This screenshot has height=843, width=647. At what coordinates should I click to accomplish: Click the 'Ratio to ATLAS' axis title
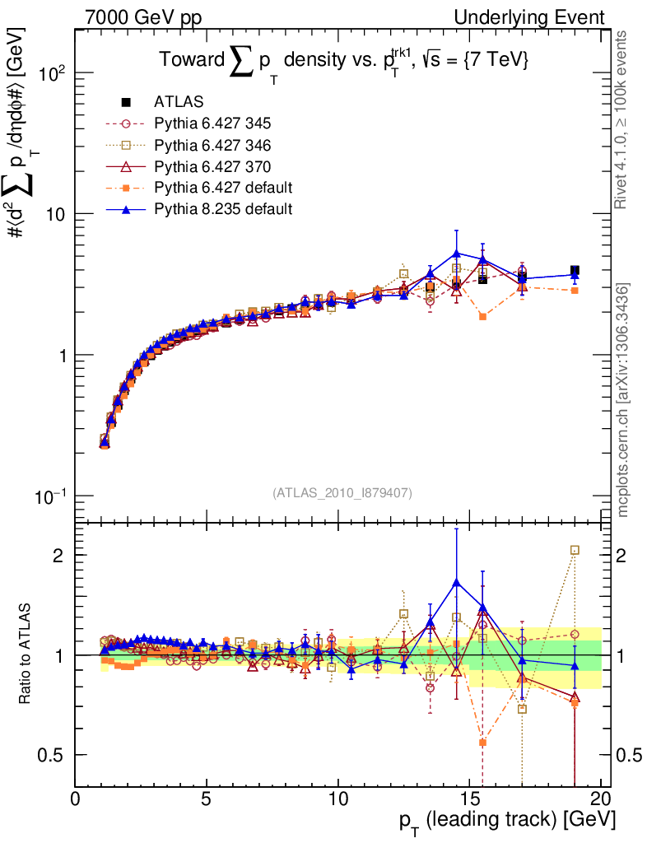(x=26, y=654)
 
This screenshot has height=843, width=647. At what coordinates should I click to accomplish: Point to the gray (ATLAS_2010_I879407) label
(x=342, y=492)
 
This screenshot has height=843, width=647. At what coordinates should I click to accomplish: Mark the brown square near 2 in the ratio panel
(x=575, y=550)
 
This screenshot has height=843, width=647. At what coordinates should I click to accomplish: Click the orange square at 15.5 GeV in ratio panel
(x=482, y=742)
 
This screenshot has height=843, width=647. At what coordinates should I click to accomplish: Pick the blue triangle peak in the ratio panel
(x=456, y=583)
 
